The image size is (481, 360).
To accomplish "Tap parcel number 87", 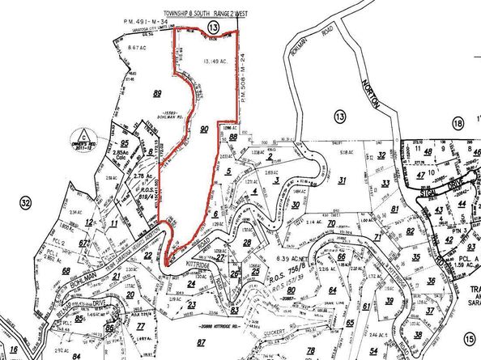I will tap(201, 344).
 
